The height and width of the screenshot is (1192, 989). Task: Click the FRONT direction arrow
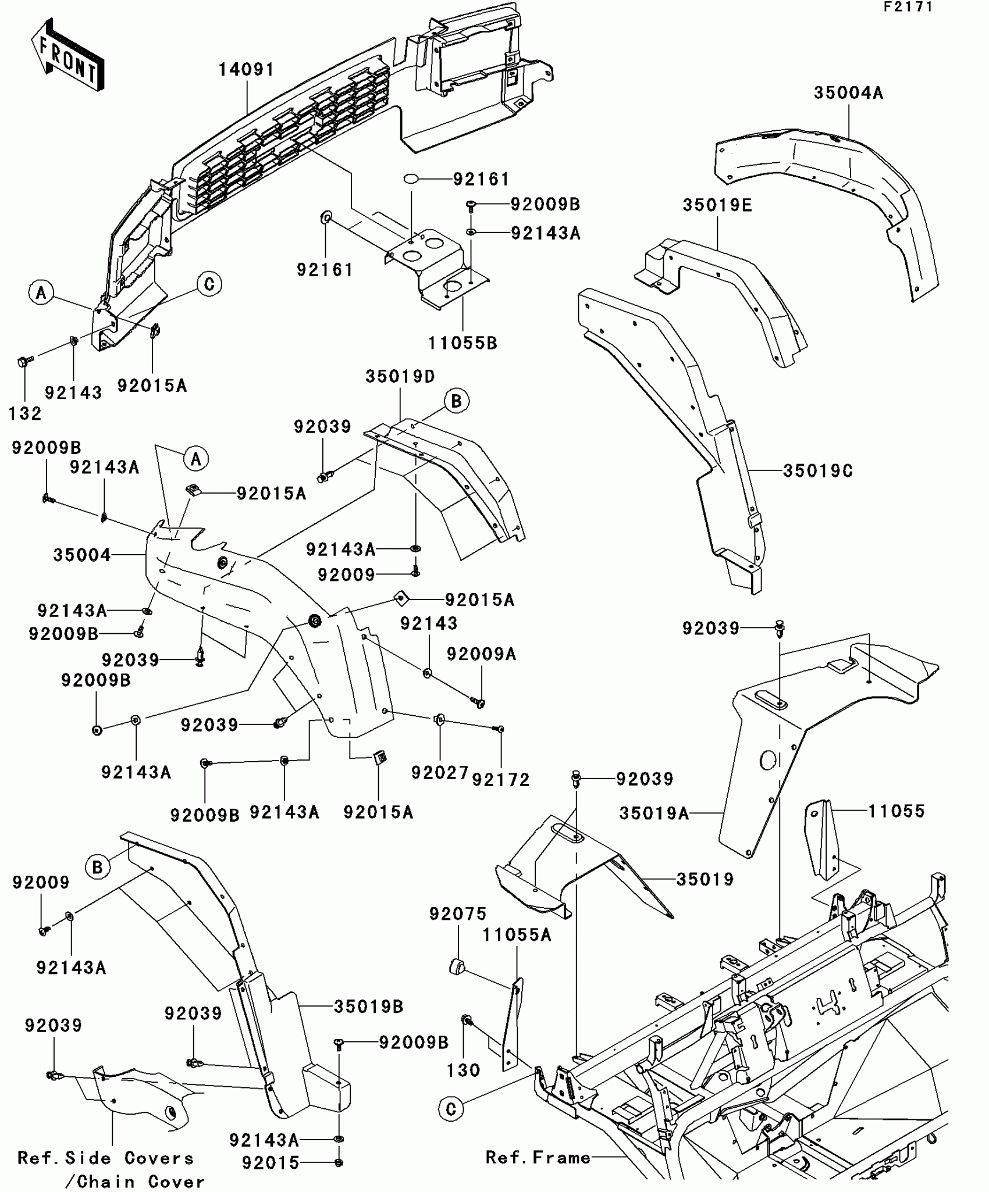tap(67, 55)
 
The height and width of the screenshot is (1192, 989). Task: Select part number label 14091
tap(246, 70)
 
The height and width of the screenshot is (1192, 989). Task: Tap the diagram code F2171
tap(908, 7)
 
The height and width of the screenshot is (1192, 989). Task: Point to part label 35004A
tap(848, 93)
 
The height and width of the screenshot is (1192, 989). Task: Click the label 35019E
tap(717, 205)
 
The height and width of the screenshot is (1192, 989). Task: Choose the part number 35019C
tap(817, 471)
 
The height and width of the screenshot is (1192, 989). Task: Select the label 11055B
tap(463, 343)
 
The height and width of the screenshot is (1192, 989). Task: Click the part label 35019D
tap(400, 377)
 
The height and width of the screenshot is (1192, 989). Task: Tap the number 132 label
tap(25, 414)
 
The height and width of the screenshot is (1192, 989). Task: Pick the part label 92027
tap(440, 773)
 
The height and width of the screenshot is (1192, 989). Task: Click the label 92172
tap(501, 780)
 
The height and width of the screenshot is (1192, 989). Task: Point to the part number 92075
tap(458, 914)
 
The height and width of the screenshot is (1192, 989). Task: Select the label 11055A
tap(517, 936)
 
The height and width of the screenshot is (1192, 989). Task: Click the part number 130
tap(463, 1070)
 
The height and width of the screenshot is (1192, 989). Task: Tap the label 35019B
tap(368, 1007)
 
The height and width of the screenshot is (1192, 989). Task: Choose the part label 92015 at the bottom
tap(271, 1162)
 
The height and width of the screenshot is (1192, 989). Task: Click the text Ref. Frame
tap(538, 1158)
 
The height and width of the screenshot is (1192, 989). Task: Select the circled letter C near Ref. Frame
tap(451, 1109)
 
